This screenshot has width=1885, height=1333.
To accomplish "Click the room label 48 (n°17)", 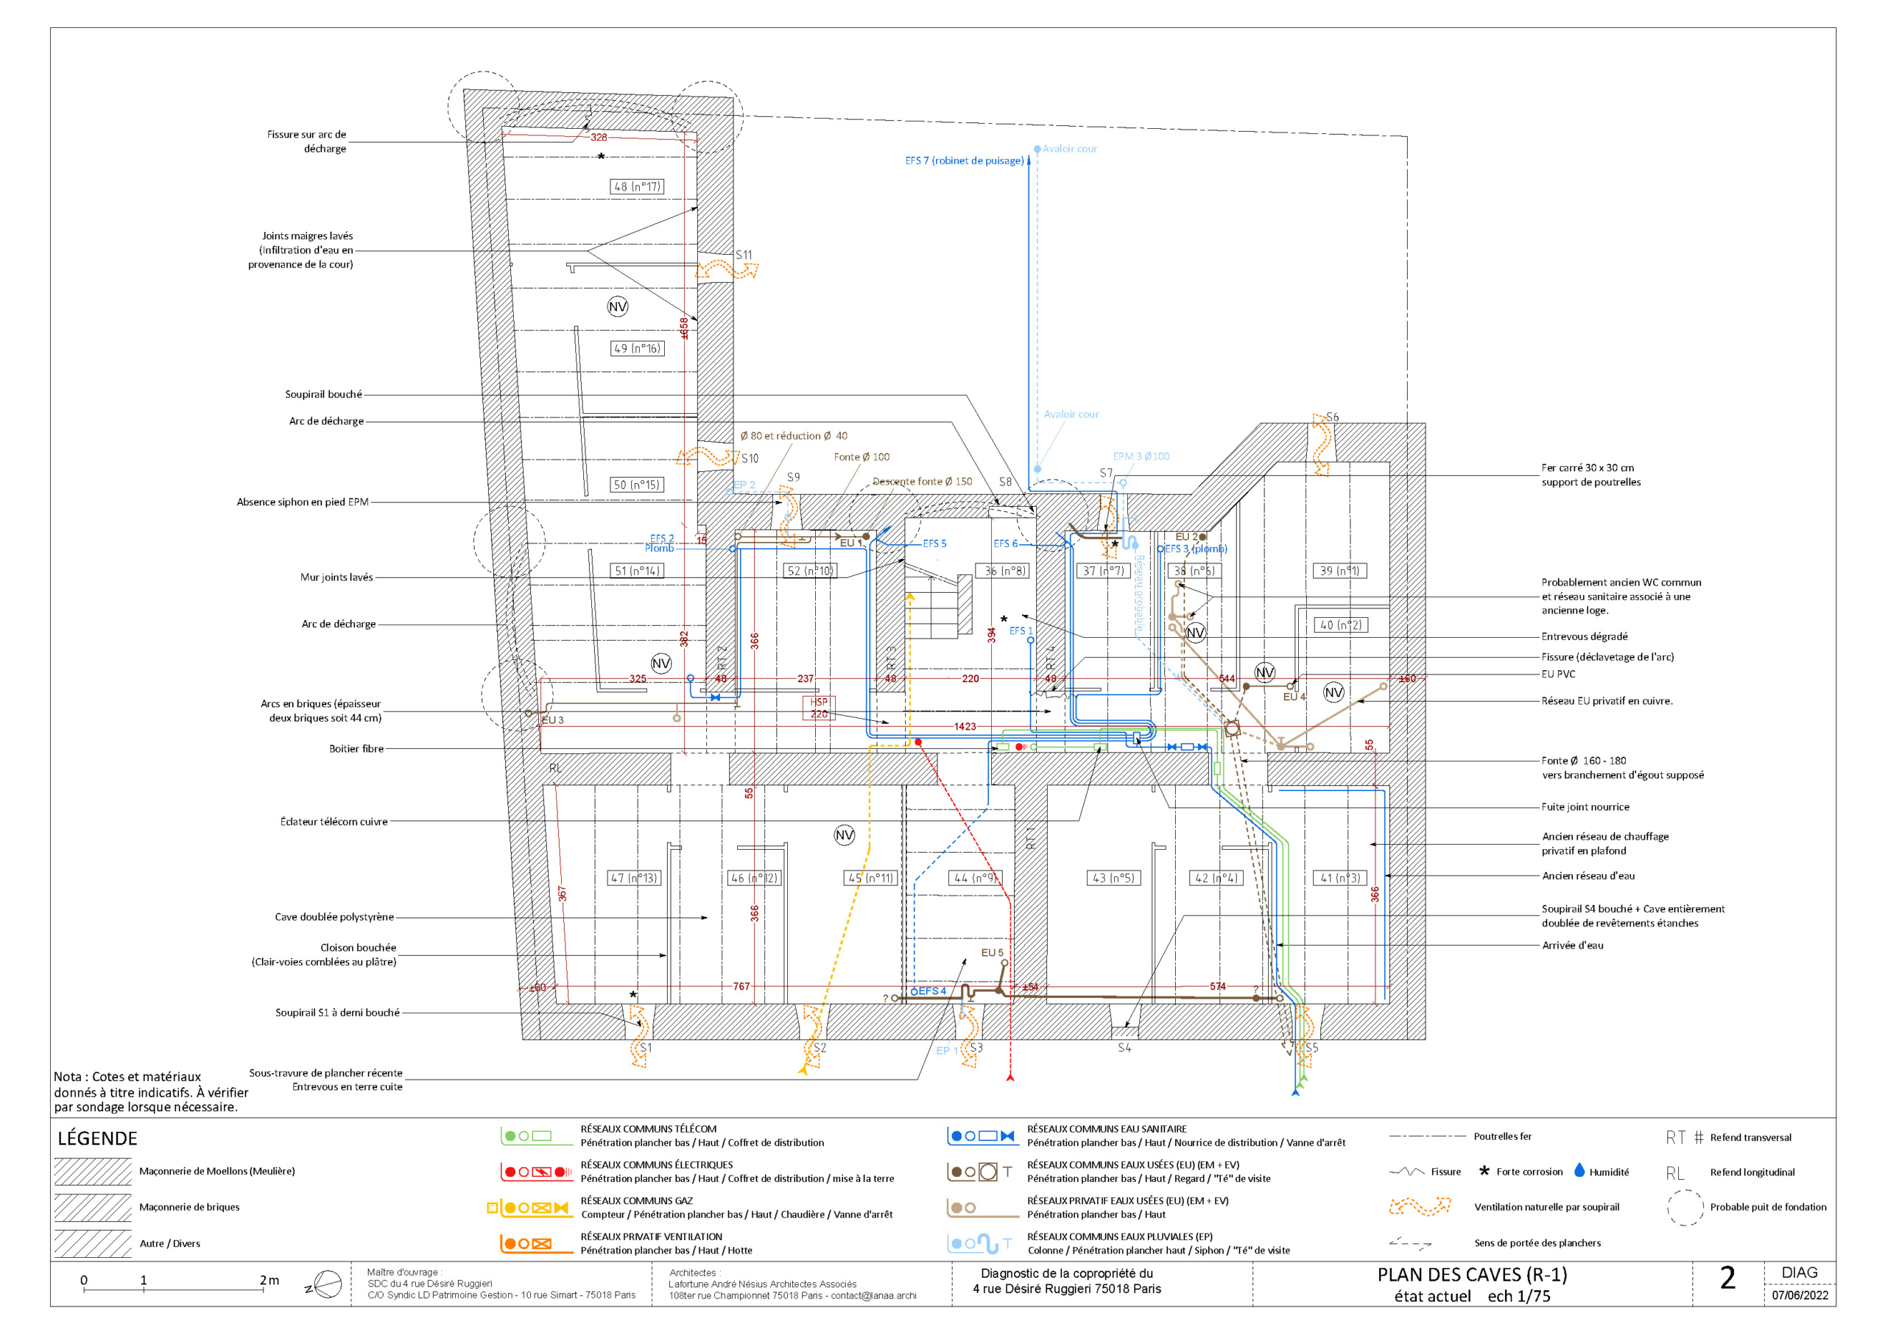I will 637,186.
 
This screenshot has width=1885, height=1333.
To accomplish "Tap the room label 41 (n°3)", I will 1340,878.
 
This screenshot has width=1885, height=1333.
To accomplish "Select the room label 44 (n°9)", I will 977,878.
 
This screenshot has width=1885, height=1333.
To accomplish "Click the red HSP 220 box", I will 819,708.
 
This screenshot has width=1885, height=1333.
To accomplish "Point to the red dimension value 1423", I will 965,727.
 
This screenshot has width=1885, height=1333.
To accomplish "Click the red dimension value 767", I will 741,986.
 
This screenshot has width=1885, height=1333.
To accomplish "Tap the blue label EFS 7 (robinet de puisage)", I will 964,161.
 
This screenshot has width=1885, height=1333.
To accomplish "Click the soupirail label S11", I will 744,255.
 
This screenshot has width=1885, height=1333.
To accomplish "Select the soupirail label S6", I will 1332,418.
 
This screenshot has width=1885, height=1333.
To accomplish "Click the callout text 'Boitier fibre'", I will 356,749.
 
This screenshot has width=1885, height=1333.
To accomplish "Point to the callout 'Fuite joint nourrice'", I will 1585,807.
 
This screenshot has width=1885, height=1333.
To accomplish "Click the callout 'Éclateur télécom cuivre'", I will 334,821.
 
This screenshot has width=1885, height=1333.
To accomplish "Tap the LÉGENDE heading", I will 97,1139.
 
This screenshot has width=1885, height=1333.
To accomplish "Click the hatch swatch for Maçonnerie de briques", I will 93,1207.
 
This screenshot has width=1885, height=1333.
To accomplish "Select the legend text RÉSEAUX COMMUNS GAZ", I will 637,1200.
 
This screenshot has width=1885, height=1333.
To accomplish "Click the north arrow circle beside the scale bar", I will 328,1284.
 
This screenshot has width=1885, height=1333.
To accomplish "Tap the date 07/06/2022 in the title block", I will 1800,1295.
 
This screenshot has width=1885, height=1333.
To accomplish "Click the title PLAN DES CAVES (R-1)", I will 1472,1275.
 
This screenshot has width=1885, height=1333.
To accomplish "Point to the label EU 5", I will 992,953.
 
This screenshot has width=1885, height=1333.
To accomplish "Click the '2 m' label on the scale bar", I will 269,1281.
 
